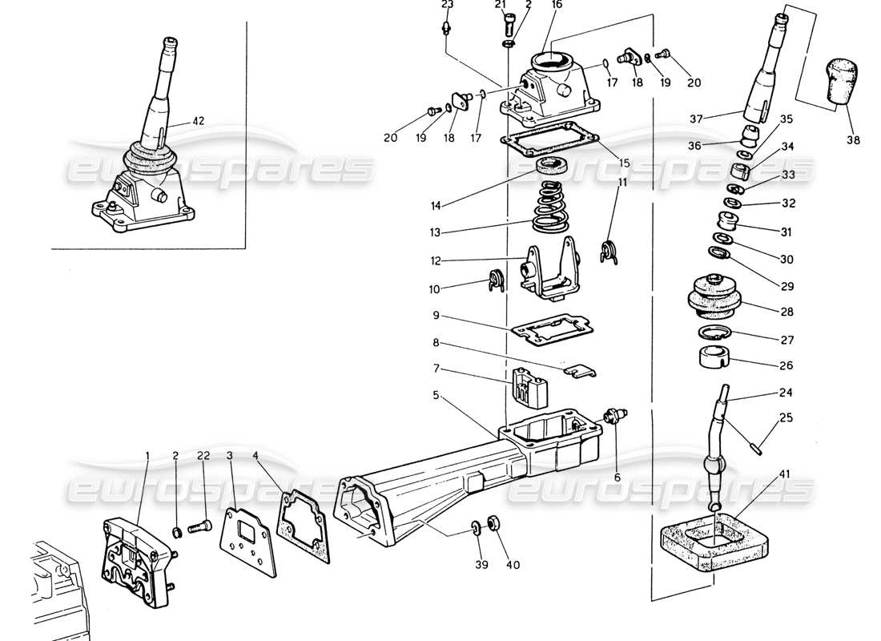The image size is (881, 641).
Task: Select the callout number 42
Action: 199,122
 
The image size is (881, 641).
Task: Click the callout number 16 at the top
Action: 557,5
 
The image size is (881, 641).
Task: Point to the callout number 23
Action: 447,5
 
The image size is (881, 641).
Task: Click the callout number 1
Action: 147,455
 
